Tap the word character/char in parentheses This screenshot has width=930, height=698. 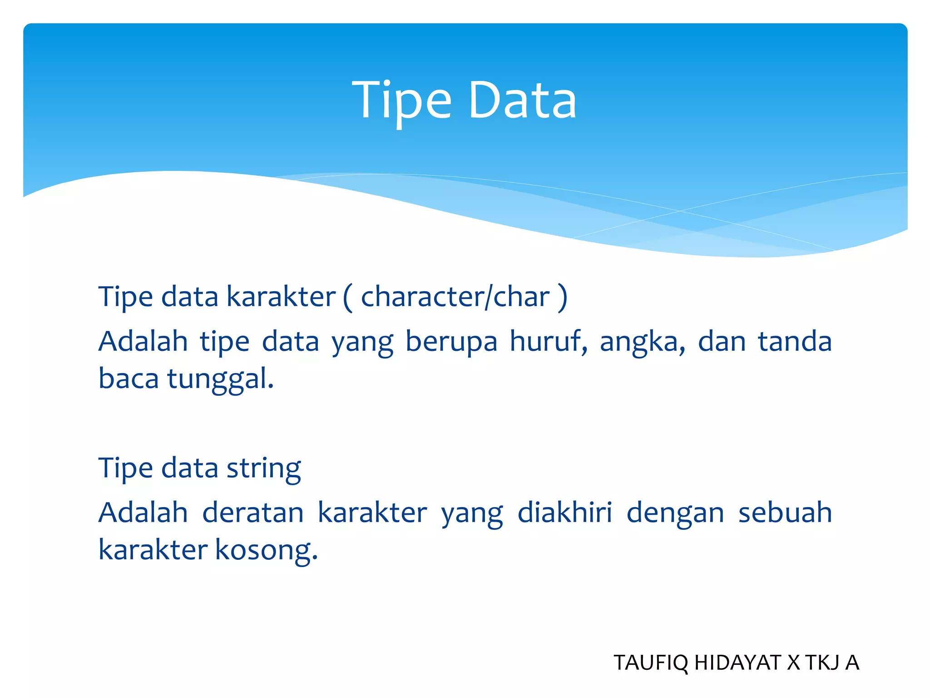pos(455,297)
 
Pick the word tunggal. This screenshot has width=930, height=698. pos(220,379)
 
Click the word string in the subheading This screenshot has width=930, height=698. pos(263,468)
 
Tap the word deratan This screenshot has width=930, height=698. pos(252,513)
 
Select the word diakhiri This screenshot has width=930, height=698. pos(564,513)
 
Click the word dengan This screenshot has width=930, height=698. pos(675,514)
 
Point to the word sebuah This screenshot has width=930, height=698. pos(785,513)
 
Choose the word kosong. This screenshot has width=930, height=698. pos(266,550)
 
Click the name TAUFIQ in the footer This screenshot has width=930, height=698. pos(650,663)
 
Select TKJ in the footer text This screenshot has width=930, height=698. pos(822,663)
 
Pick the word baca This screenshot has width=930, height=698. pos(129,379)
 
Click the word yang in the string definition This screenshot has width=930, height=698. pos(472,514)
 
